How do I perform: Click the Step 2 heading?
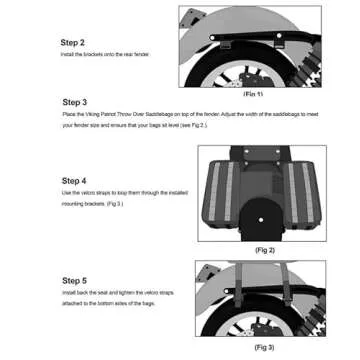click(x=74, y=43)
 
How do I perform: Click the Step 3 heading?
click(x=74, y=102)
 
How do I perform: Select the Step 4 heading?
click(x=74, y=180)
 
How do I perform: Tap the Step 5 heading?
click(x=74, y=281)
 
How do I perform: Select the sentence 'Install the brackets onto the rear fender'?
click(x=105, y=54)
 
